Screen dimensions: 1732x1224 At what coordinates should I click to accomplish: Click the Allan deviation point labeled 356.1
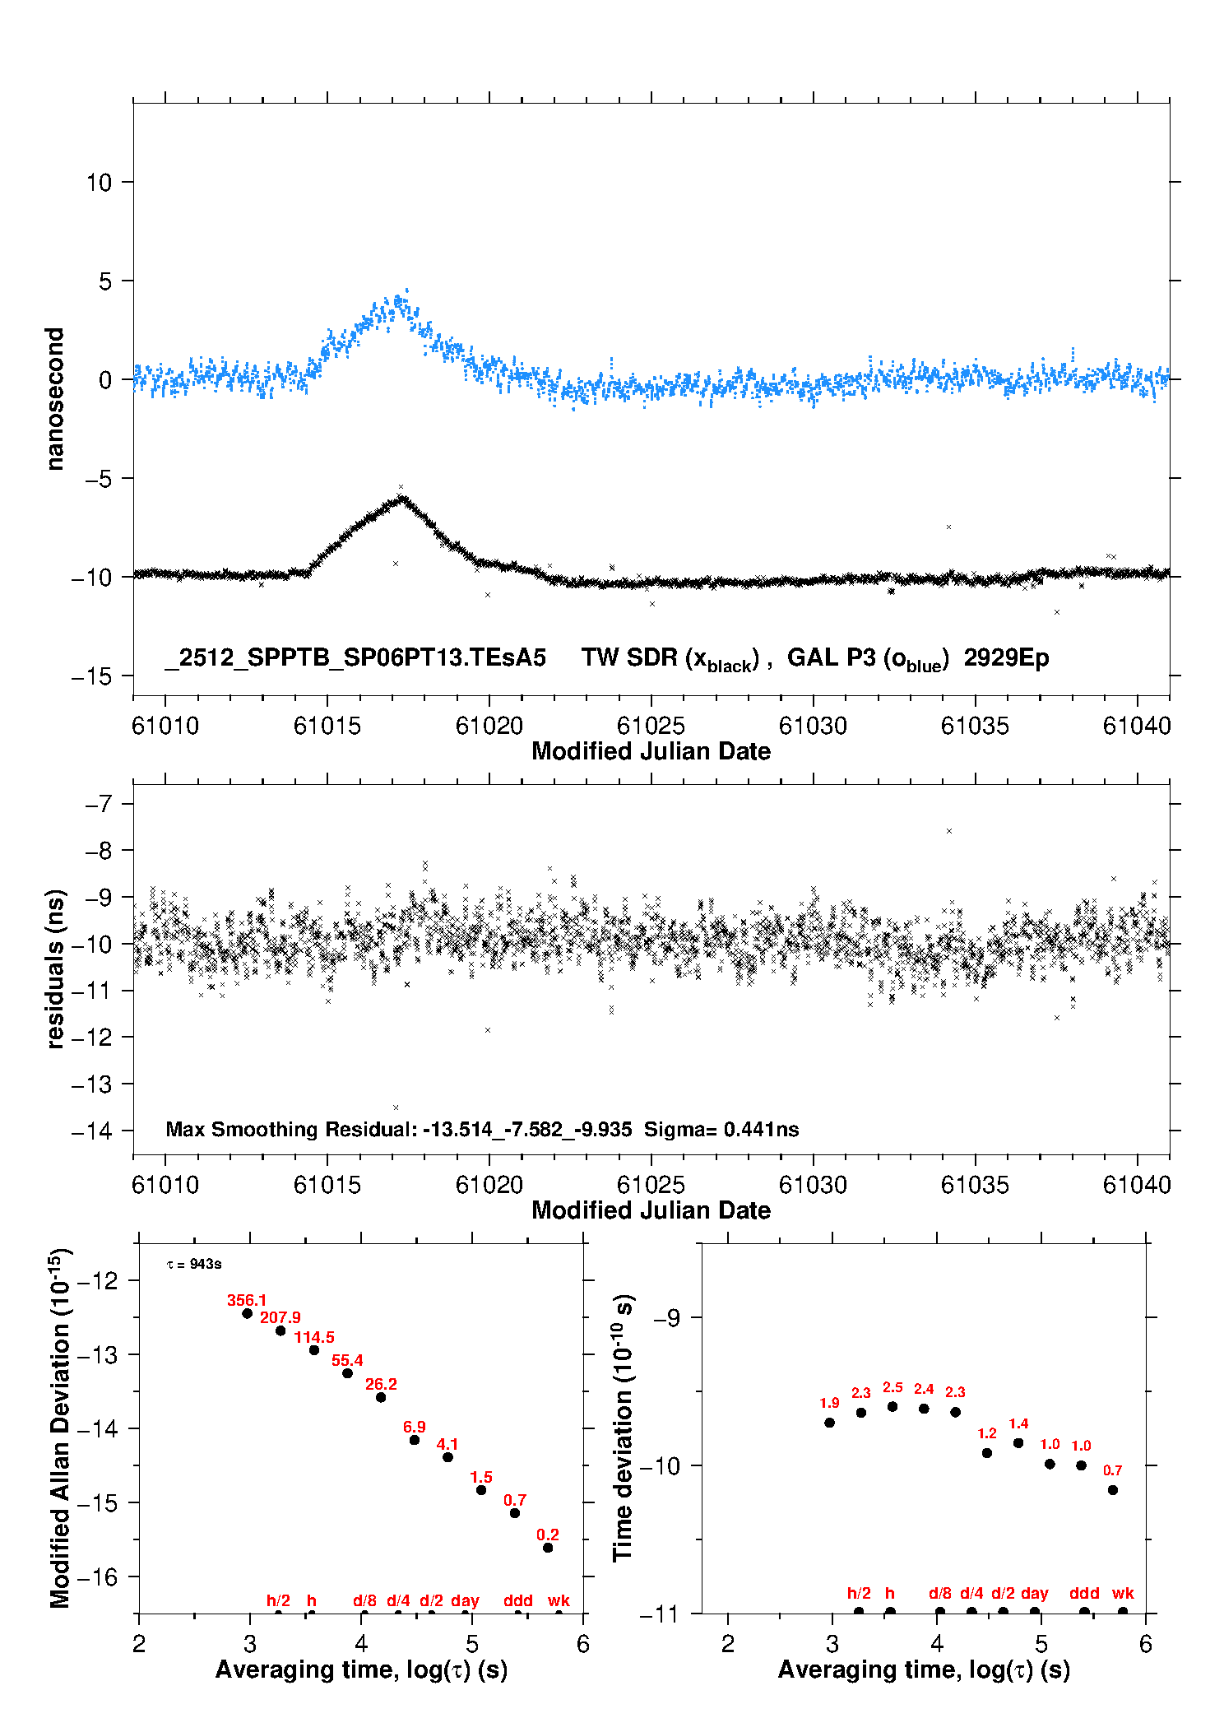tap(247, 1313)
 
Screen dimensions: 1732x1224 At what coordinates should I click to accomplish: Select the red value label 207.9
tap(280, 1317)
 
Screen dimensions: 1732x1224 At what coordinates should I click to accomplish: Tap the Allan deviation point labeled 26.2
tap(381, 1397)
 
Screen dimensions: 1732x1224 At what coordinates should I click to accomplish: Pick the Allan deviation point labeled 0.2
tap(548, 1548)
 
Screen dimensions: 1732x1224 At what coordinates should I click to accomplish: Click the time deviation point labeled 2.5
tap(892, 1406)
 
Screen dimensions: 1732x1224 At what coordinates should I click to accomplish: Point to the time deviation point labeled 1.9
tap(829, 1423)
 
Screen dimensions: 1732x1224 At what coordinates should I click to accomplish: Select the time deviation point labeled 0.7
tap(1113, 1490)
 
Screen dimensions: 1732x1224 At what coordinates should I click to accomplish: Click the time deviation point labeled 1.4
tap(1018, 1442)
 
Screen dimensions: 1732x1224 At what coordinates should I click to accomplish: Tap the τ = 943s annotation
tap(194, 1264)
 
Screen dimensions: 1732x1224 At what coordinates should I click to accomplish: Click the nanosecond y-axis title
tap(54, 398)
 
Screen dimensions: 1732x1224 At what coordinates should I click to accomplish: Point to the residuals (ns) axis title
tap(54, 968)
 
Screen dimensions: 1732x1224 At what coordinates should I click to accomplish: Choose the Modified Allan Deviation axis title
tap(59, 1428)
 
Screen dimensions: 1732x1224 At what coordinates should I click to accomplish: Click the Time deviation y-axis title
tap(623, 1428)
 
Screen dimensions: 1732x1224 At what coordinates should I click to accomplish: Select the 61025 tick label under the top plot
tap(651, 726)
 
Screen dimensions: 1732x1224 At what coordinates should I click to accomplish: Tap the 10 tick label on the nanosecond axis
tap(99, 183)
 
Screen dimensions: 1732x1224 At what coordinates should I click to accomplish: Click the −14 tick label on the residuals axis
tap(91, 1131)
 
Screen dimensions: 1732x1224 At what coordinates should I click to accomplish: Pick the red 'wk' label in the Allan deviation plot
tap(559, 1600)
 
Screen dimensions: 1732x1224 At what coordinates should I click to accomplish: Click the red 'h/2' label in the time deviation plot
tap(859, 1593)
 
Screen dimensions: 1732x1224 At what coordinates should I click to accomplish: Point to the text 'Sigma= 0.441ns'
tap(721, 1129)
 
